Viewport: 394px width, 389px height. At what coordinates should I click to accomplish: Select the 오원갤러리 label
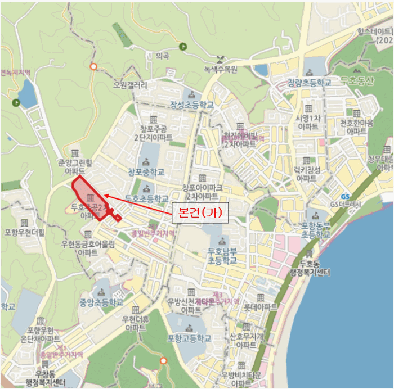[x=130, y=85]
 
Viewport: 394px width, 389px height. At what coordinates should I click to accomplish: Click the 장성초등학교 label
[x=192, y=105]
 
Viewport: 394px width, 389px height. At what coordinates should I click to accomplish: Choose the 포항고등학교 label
[x=189, y=338]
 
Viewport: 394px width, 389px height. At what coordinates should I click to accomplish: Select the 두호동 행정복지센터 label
[x=307, y=269]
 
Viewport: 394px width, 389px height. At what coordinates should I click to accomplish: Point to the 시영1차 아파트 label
[x=307, y=123]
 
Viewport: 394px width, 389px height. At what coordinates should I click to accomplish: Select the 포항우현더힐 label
[x=24, y=231]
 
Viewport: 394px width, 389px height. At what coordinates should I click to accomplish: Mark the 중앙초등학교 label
[x=101, y=302]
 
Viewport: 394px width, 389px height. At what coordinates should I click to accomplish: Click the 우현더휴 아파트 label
[x=136, y=323]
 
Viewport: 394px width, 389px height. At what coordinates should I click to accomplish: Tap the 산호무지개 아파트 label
[x=247, y=340]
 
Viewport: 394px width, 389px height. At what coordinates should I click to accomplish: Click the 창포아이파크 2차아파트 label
[x=202, y=191]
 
